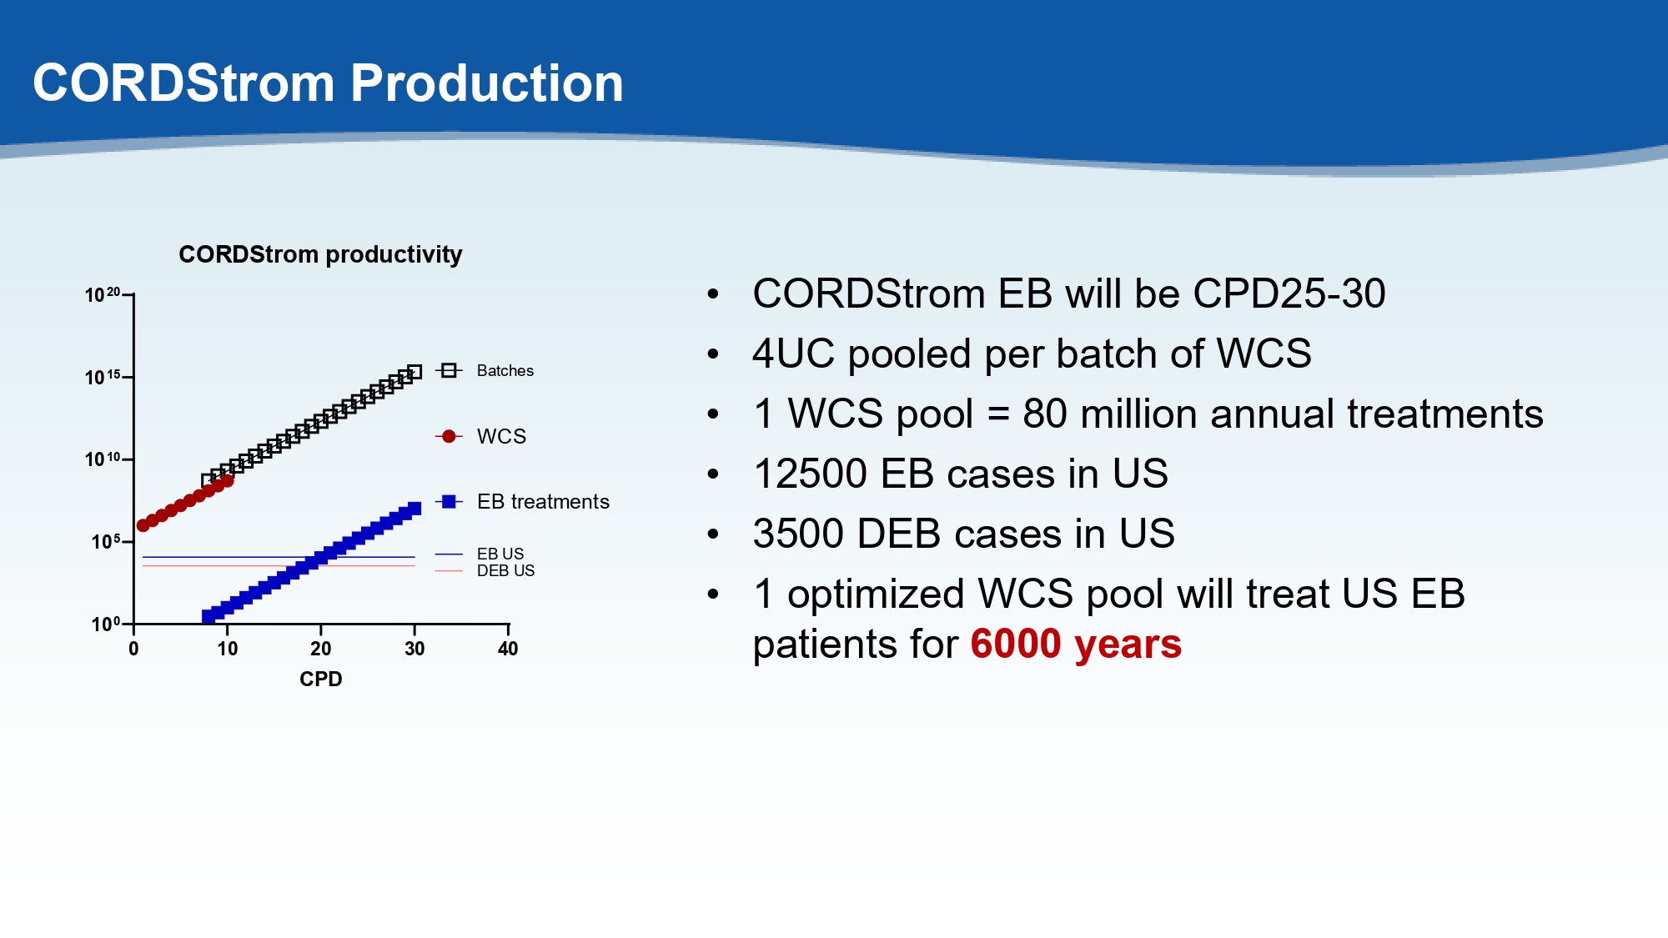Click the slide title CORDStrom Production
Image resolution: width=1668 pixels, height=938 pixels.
(328, 83)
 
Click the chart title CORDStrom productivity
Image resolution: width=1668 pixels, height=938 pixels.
(320, 254)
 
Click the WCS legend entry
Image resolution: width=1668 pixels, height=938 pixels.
(480, 436)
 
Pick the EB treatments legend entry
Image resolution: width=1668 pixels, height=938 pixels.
(522, 501)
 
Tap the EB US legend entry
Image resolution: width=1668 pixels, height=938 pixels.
(480, 554)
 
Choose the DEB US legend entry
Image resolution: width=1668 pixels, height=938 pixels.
(485, 570)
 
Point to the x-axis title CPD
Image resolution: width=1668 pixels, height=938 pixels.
(321, 679)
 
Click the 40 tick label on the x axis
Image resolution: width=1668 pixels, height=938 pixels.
(508, 649)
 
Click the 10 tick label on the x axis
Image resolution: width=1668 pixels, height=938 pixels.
(228, 649)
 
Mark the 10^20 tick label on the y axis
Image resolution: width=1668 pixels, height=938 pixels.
(103, 294)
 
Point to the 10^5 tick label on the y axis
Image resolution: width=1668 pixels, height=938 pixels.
(106, 541)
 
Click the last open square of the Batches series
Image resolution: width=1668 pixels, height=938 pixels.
(414, 372)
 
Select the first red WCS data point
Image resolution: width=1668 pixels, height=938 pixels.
(143, 525)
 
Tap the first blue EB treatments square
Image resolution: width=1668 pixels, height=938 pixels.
(208, 617)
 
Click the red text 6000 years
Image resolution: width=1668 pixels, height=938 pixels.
(1076, 644)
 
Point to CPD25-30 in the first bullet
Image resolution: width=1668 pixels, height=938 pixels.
(1289, 293)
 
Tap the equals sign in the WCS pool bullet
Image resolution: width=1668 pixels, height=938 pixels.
(998, 414)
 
